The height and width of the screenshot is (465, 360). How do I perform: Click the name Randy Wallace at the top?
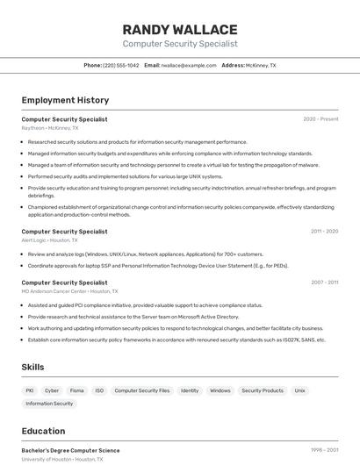[x=180, y=30]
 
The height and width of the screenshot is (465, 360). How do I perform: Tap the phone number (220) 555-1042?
[x=120, y=65]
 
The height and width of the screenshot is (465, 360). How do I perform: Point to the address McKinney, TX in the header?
[x=260, y=65]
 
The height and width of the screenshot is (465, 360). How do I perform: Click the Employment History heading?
[x=65, y=100]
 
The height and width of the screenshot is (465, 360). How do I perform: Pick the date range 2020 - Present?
[x=320, y=119]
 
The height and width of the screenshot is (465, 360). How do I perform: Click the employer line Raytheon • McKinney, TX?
[x=50, y=128]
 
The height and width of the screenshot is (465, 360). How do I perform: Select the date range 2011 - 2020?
[x=324, y=232]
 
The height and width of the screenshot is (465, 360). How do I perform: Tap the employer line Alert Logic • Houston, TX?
[x=49, y=240]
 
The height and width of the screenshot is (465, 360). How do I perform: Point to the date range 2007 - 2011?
[x=324, y=283]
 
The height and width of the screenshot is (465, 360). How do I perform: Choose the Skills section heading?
[x=33, y=367]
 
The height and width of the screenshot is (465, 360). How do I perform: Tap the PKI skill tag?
[x=30, y=390]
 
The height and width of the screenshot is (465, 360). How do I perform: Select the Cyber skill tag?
[x=52, y=390]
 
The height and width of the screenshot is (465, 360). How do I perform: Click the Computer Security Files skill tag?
[x=141, y=390]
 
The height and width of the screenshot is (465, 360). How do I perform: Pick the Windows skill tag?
[x=220, y=390]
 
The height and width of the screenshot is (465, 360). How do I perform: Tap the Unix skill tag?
[x=299, y=390]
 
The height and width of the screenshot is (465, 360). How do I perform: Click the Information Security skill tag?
[x=49, y=404]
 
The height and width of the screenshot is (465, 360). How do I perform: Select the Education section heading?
[x=43, y=431]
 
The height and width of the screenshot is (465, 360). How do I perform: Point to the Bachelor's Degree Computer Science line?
[x=70, y=451]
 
